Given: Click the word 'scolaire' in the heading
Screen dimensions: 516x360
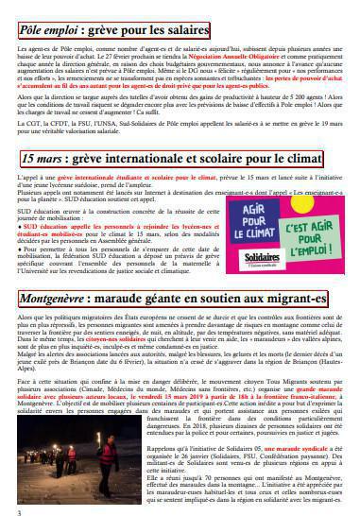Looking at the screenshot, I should click(x=249, y=159).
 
